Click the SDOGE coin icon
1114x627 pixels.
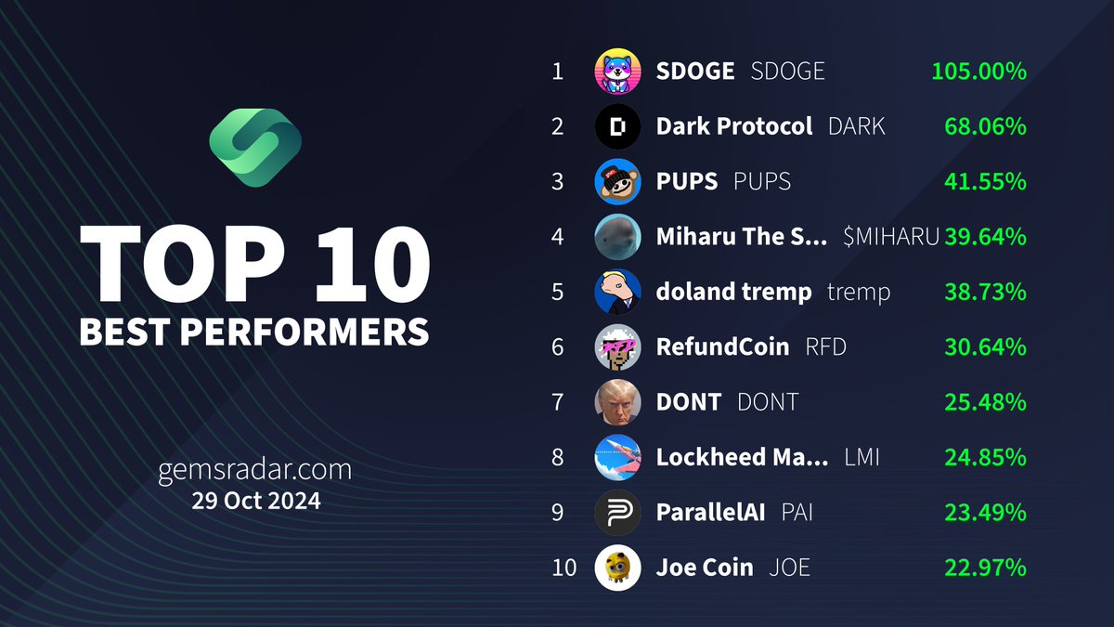pyautogui.click(x=617, y=72)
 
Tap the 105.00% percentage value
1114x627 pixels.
pyautogui.click(x=978, y=72)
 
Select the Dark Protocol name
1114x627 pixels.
pyautogui.click(x=733, y=126)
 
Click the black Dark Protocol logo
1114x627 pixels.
pyautogui.click(x=617, y=126)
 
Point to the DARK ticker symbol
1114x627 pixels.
pyautogui.click(x=856, y=126)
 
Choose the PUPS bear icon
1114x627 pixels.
pyautogui.click(x=617, y=181)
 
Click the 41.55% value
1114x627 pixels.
pyautogui.click(x=985, y=181)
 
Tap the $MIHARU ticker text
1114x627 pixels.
pyautogui.click(x=891, y=237)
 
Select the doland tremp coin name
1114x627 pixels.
pyautogui.click(x=733, y=292)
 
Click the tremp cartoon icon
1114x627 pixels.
pyautogui.click(x=617, y=292)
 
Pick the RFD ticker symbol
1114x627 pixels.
pyautogui.click(x=825, y=347)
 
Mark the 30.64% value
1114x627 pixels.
pyautogui.click(x=985, y=347)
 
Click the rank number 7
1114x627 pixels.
pyautogui.click(x=557, y=402)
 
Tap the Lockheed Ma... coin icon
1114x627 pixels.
pyautogui.click(x=617, y=457)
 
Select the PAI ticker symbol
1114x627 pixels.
pyautogui.click(x=797, y=512)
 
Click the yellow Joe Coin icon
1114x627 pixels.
pyautogui.click(x=617, y=568)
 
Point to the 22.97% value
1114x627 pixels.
pyautogui.click(x=985, y=568)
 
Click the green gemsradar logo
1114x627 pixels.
pyautogui.click(x=254, y=148)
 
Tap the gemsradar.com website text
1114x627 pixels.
pyautogui.click(x=255, y=470)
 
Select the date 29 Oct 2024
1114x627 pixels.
pyautogui.click(x=255, y=501)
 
